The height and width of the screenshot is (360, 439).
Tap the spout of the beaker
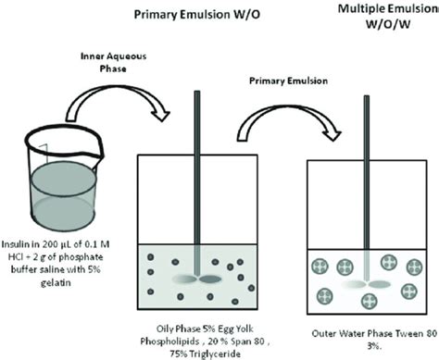tap(21, 130)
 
